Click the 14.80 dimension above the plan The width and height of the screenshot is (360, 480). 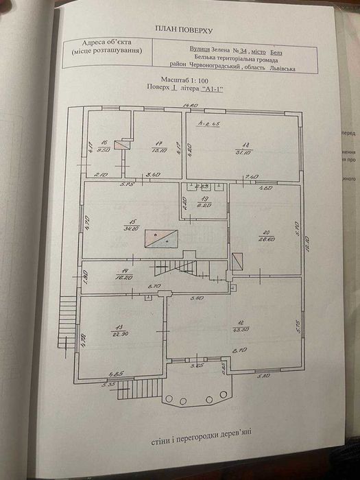(x=189, y=105)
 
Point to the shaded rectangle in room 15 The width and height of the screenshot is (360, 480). (x=161, y=239)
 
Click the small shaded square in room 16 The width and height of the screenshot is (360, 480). (x=121, y=145)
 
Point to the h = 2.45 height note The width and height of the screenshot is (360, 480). (x=206, y=124)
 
